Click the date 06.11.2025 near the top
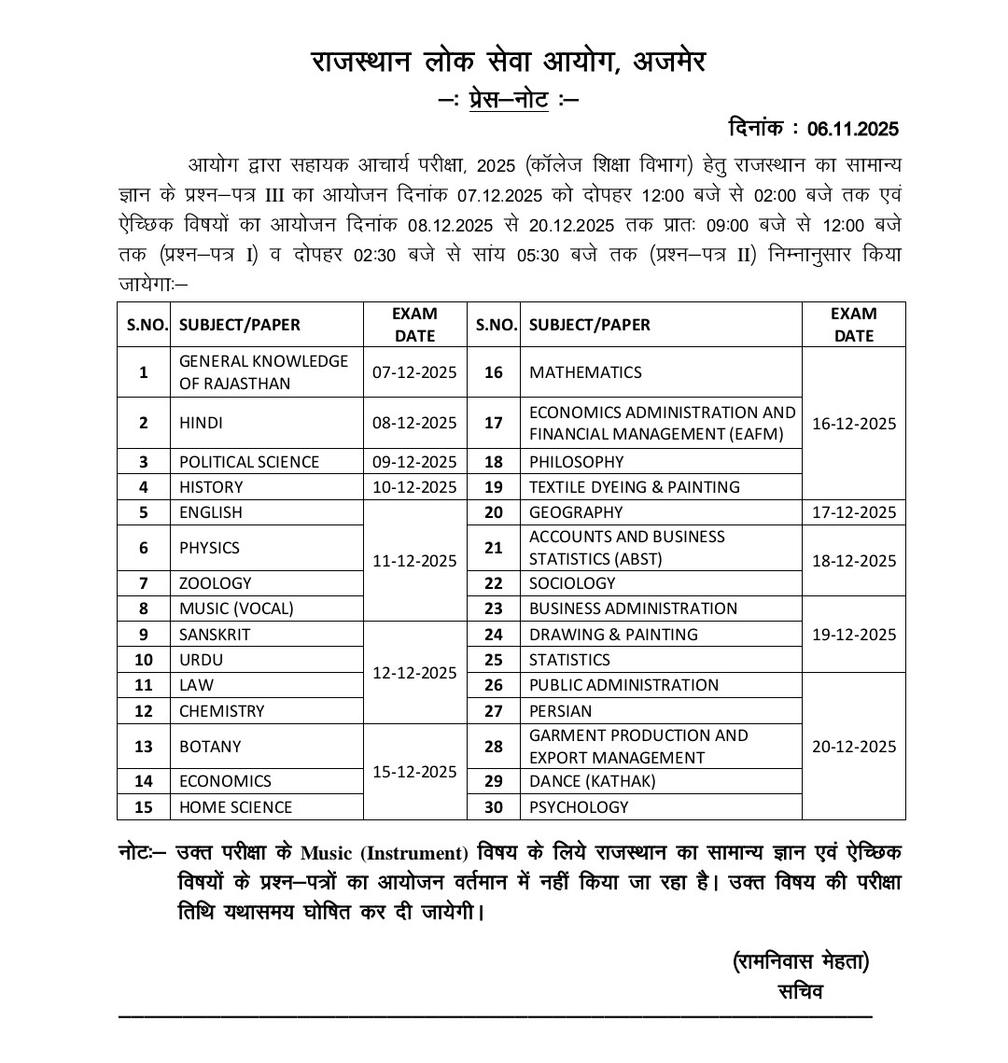[853, 129]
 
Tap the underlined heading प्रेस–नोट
[509, 98]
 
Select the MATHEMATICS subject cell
[585, 372]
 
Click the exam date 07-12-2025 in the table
[414, 372]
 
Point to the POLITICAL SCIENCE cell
[249, 462]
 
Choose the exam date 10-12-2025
[414, 487]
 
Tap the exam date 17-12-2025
[853, 512]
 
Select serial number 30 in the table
[494, 807]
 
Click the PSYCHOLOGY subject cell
[579, 807]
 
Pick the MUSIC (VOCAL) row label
[236, 608]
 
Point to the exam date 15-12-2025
[414, 772]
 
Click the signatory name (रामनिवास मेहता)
[801, 961]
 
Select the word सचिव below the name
[800, 991]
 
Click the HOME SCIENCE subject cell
[235, 807]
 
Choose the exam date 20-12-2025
[853, 747]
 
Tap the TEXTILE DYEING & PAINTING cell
[634, 487]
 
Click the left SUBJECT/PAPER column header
[240, 325]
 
